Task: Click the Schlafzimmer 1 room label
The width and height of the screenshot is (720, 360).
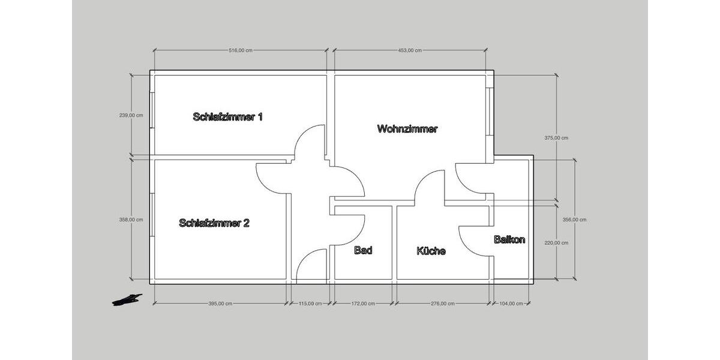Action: click(x=228, y=117)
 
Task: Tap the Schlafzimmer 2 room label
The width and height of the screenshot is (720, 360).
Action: click(x=214, y=223)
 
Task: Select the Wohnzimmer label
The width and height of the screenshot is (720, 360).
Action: click(x=407, y=129)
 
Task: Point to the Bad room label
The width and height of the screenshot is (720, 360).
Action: click(x=363, y=250)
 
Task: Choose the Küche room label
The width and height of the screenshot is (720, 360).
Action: click(x=431, y=251)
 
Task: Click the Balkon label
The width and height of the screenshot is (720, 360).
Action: click(x=509, y=240)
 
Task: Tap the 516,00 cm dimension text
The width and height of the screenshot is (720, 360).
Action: click(x=241, y=50)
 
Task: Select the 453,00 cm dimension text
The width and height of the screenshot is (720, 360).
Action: click(x=410, y=50)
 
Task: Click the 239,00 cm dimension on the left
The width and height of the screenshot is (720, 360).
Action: click(x=131, y=116)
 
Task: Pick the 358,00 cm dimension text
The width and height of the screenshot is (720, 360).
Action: click(x=131, y=220)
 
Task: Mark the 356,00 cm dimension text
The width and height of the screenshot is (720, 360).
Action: click(x=574, y=220)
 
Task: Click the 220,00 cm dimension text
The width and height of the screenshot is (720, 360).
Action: click(x=556, y=243)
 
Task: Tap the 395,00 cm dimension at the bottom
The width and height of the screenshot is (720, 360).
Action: click(x=220, y=304)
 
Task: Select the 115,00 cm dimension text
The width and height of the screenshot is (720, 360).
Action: click(x=310, y=304)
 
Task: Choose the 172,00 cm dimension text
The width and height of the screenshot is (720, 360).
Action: click(x=363, y=304)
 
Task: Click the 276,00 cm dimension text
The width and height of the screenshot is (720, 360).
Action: click(x=442, y=304)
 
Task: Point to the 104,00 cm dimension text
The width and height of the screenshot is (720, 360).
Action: click(x=511, y=304)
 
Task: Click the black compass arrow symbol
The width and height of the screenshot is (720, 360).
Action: click(x=127, y=299)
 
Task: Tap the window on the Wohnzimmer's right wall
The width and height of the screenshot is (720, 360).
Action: click(x=490, y=112)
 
